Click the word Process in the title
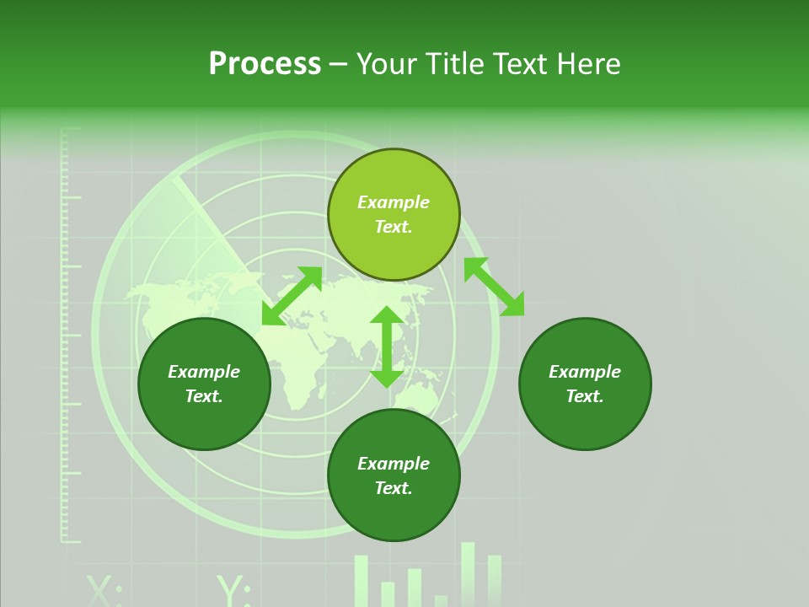[265, 64]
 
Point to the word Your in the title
[387, 64]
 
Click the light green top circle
[394, 214]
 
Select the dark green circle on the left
[204, 384]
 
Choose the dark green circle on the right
[585, 384]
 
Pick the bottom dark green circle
[394, 475]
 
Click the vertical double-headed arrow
[387, 346]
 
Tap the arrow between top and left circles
[292, 295]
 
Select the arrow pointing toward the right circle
[494, 287]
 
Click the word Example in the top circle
[394, 202]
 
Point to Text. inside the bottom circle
[394, 488]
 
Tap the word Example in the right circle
[585, 372]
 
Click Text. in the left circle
[204, 396]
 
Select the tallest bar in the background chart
[468, 573]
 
